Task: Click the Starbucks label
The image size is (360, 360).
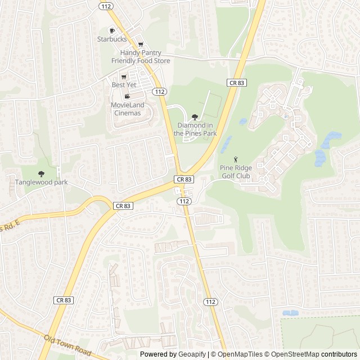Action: [112, 39]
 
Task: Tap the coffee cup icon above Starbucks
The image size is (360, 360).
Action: [112, 30]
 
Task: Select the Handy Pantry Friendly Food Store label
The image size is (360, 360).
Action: [141, 56]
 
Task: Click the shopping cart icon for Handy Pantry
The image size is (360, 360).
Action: [141, 44]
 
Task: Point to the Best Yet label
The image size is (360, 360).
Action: [124, 85]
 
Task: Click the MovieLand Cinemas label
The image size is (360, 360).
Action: [127, 109]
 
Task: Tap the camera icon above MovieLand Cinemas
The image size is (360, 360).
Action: [127, 97]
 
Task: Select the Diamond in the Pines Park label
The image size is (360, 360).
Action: [195, 129]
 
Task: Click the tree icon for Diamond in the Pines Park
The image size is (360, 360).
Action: [195, 116]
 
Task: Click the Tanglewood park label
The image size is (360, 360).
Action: [41, 182]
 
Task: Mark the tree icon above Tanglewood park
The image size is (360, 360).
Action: [41, 174]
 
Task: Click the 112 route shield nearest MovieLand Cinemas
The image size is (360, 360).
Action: [160, 92]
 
